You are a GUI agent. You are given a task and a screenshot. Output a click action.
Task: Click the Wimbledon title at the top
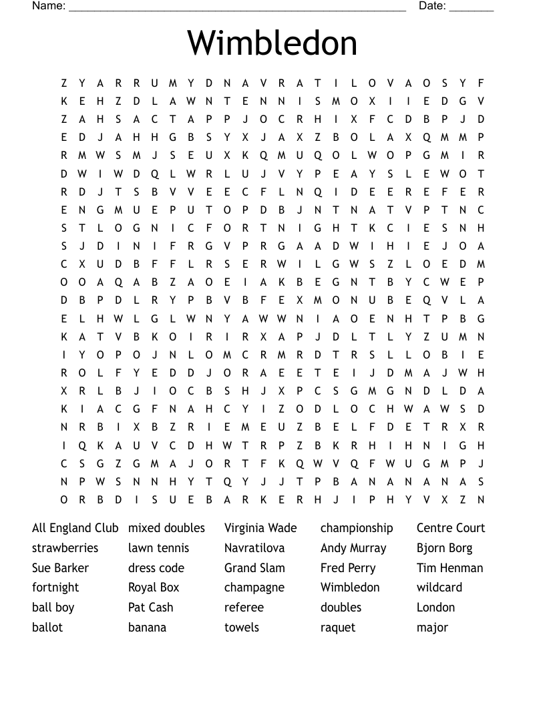click(x=272, y=43)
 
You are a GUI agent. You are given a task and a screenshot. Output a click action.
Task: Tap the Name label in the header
click(x=49, y=6)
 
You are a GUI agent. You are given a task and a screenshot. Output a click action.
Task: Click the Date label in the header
click(x=432, y=6)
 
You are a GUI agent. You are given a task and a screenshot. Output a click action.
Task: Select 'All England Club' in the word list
click(x=75, y=528)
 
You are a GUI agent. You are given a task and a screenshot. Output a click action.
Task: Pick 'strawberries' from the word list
click(x=65, y=548)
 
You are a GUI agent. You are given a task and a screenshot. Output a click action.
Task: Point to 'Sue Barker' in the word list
click(x=60, y=568)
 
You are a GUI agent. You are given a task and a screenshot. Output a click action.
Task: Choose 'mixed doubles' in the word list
click(x=166, y=528)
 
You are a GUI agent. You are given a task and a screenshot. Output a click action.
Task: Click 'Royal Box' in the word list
click(x=154, y=587)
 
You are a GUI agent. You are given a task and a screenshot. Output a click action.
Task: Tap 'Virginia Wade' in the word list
click(x=260, y=528)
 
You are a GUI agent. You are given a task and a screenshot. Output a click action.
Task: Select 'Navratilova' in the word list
click(x=254, y=548)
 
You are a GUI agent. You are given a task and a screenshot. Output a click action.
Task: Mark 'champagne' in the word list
click(x=254, y=588)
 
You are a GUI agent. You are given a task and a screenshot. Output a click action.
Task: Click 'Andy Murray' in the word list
click(x=353, y=549)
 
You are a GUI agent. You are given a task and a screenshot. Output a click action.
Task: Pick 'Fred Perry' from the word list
click(x=348, y=568)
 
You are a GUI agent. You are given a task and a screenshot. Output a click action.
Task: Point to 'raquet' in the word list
click(x=338, y=628)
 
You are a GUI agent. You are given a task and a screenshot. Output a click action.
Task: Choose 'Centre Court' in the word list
click(x=451, y=528)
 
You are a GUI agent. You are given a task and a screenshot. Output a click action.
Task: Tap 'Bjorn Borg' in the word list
click(x=444, y=549)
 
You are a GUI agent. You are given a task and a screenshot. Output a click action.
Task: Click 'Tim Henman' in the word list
click(x=449, y=568)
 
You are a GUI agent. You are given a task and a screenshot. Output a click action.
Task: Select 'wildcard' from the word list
click(x=439, y=587)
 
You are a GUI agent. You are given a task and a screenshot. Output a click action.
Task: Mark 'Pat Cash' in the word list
click(x=150, y=608)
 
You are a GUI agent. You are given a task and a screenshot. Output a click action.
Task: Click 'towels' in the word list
click(x=242, y=628)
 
